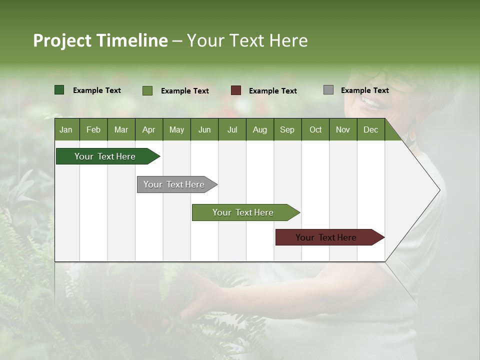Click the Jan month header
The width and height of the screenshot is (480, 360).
[x=66, y=129]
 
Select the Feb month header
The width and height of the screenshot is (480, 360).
[x=93, y=129]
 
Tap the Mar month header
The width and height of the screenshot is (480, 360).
[x=121, y=129]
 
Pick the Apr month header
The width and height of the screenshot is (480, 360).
[x=149, y=129]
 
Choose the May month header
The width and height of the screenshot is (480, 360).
[x=176, y=129]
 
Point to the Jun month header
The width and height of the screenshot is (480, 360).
[x=204, y=129]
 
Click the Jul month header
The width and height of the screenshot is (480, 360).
[x=232, y=129]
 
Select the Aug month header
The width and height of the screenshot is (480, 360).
[x=260, y=129]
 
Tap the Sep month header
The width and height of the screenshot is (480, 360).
[x=287, y=129]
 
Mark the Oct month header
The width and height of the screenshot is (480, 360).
[x=315, y=129]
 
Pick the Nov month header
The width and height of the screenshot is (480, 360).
[x=343, y=129]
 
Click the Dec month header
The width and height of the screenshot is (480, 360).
[x=371, y=129]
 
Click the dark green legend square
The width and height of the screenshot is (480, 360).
[x=59, y=90]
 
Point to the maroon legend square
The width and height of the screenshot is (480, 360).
[x=236, y=90]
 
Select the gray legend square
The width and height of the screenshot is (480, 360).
[x=328, y=90]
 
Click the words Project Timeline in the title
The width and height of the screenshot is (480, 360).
[x=100, y=40]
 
